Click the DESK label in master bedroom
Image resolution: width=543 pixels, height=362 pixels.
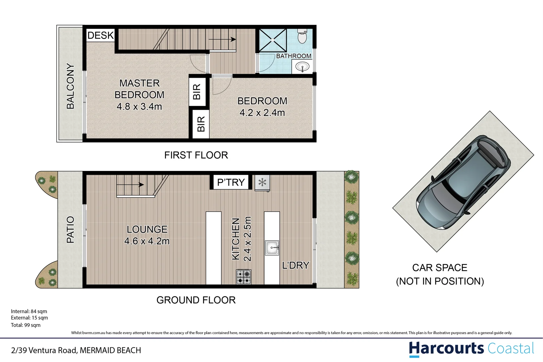[101, 35]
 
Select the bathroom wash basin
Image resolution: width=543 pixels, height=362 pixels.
[303, 67]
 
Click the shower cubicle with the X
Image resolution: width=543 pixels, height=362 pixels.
[273, 40]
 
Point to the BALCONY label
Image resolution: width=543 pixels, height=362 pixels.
[70, 86]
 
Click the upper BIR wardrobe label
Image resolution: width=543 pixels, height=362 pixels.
[197, 92]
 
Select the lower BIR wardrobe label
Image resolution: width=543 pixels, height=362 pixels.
[201, 124]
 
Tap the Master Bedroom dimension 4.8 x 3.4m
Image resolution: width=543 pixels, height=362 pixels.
[139, 107]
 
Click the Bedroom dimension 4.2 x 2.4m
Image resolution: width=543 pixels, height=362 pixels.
[262, 113]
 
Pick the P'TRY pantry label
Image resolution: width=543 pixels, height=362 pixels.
[231, 182]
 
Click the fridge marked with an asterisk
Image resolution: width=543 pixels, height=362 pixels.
[262, 183]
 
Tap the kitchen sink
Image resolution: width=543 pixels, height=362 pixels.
[272, 248]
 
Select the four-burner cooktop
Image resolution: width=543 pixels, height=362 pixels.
[244, 277]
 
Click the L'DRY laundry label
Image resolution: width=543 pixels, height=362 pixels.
[296, 265]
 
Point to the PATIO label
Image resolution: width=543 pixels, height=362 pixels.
[70, 230]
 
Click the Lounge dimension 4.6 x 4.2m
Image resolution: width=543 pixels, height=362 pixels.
[147, 241]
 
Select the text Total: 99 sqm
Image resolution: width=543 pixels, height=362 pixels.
[26, 325]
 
